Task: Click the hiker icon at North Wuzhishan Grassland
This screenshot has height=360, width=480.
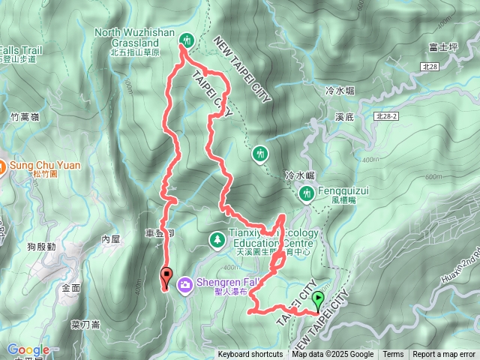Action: [187, 40]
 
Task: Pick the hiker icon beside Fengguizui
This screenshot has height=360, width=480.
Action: [306, 194]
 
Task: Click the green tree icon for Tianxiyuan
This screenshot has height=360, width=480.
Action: [217, 239]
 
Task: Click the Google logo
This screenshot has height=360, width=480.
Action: [28, 349]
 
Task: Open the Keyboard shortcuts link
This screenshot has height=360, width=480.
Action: [250, 355]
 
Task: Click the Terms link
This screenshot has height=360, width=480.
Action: [393, 355]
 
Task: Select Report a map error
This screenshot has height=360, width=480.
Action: [445, 355]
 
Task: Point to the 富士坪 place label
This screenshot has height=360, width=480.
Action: [444, 47]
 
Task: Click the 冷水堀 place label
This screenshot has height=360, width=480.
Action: [339, 91]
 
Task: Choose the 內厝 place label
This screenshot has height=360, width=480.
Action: [110, 239]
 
